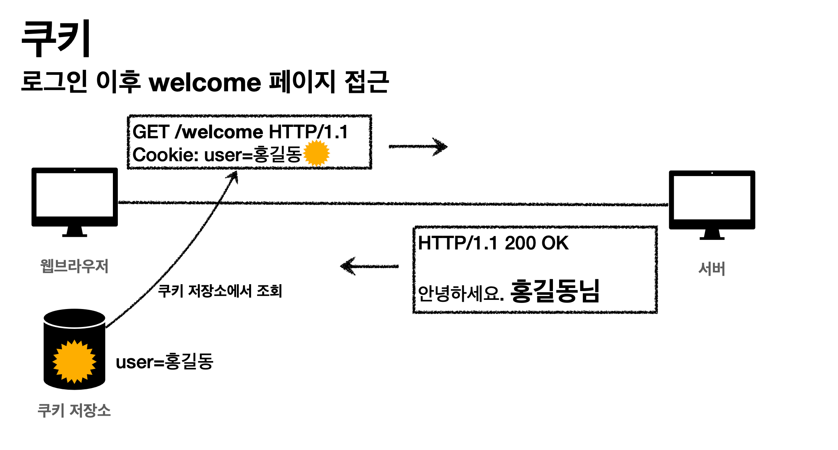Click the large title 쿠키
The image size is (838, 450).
56,39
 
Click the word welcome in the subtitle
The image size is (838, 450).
205,83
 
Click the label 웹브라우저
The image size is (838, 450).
75,266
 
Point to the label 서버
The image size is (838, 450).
712,269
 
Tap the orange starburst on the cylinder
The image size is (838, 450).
74,361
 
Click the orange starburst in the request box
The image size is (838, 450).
316,153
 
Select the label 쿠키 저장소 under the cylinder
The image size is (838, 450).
74,411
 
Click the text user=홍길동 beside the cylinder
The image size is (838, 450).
165,362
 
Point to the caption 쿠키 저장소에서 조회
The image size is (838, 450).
220,291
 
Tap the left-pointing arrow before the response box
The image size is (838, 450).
369,266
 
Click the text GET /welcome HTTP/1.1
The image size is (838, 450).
240,132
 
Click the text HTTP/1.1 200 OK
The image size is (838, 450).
493,243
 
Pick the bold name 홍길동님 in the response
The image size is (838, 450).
555,291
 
